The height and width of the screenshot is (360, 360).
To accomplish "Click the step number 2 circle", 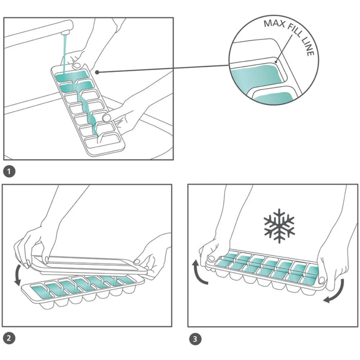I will click(9, 338).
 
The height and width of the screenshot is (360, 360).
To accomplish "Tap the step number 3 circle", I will click(194, 338).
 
